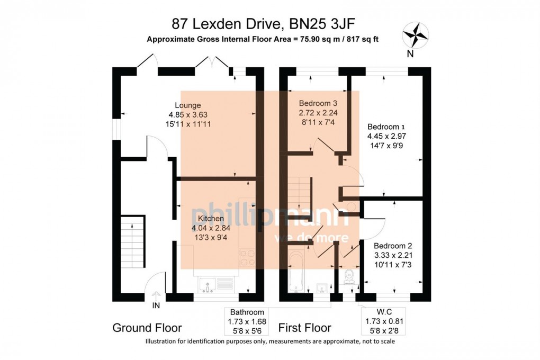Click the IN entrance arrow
(156, 298)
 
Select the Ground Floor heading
(147, 328)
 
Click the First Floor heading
(304, 328)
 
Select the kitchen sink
(207, 285)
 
